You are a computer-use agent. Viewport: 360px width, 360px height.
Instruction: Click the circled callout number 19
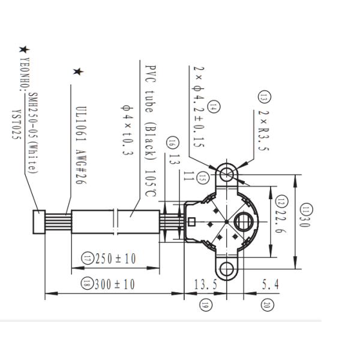point(205,305)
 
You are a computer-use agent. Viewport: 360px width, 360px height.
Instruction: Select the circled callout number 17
point(88,259)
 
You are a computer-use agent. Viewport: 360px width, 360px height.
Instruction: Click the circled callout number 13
point(264,97)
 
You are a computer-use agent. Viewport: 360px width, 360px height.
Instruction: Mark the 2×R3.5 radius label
point(264,129)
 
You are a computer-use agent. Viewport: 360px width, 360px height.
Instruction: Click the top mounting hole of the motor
point(226,173)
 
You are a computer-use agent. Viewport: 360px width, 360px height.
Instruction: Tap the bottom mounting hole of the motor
point(226,268)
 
